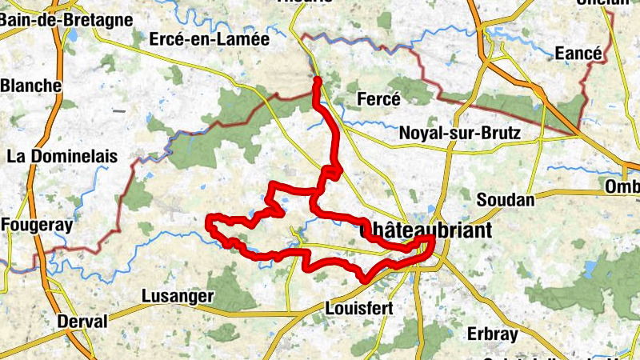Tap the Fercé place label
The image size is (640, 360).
378,99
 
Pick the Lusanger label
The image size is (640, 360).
177,296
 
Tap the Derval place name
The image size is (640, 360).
82,322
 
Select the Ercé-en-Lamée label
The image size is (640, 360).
210,38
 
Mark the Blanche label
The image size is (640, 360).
32,86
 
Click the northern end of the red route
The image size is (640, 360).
318,80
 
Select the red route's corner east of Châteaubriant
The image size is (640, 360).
433,238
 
